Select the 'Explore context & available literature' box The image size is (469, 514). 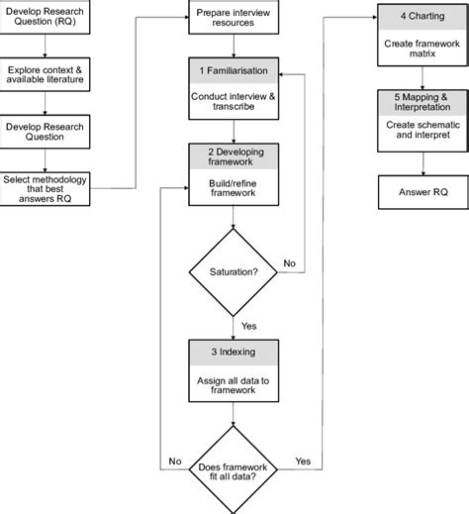(x=47, y=77)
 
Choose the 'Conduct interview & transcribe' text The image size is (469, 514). (x=233, y=103)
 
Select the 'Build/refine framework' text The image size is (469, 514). (x=233, y=188)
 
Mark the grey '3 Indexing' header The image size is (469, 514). (x=233, y=353)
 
